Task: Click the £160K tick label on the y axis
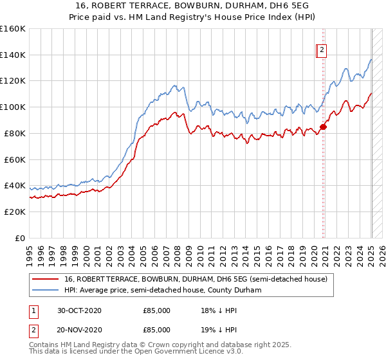pos(12,29)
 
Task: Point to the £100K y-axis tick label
pos(12,107)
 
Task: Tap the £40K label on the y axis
pos(15,186)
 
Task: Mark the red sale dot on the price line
pos(323,127)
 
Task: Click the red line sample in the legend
pos(46,279)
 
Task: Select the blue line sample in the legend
pos(46,290)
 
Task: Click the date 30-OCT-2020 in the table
pos(79,310)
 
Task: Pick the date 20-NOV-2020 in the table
pos(79,330)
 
